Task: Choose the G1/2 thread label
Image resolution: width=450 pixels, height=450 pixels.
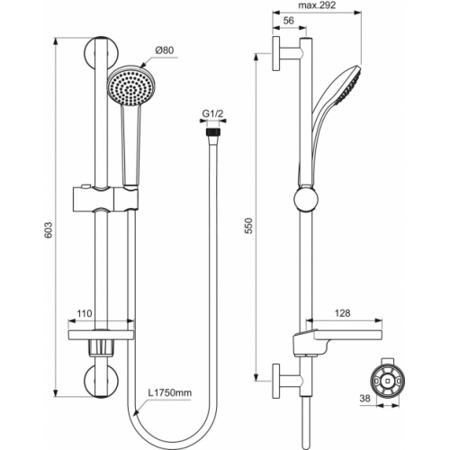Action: (x=212, y=113)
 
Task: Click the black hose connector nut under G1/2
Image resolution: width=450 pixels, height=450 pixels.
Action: (x=212, y=132)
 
